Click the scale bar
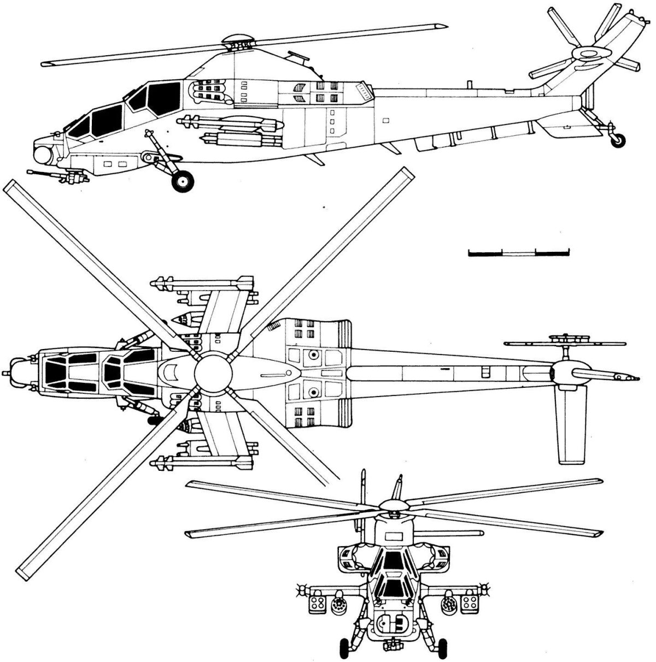519,252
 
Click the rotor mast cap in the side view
238,41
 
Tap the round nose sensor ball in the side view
43,155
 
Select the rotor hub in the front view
391,507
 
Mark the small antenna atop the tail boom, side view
468,84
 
